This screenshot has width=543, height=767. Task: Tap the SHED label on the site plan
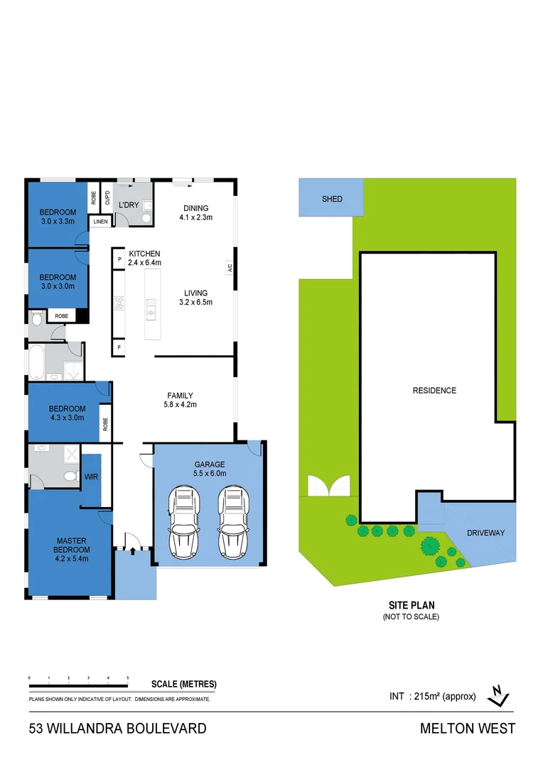pyautogui.click(x=332, y=199)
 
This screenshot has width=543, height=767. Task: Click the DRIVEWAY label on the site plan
pyautogui.click(x=486, y=533)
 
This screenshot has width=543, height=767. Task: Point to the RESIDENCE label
pyautogui.click(x=434, y=391)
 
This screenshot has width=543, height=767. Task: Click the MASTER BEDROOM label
pyautogui.click(x=73, y=545)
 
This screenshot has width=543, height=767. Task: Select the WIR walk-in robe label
pyautogui.click(x=91, y=477)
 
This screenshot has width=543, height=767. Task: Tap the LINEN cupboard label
pyautogui.click(x=100, y=222)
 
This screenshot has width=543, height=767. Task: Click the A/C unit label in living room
pyautogui.click(x=230, y=268)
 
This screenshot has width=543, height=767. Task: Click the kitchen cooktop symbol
pyautogui.click(x=119, y=305)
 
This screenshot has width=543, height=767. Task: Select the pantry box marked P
pyautogui.click(x=119, y=260)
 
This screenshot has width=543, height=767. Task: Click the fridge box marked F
pyautogui.click(x=119, y=348)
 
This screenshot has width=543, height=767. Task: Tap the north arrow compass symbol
pyautogui.click(x=500, y=696)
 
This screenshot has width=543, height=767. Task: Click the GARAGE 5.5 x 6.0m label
pyautogui.click(x=209, y=468)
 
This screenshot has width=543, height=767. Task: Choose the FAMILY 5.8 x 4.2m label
pyautogui.click(x=181, y=400)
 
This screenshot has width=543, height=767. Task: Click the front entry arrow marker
pyautogui.click(x=132, y=548)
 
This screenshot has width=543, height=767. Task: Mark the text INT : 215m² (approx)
pyautogui.click(x=432, y=696)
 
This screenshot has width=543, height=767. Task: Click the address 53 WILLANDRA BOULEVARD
pyautogui.click(x=117, y=728)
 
